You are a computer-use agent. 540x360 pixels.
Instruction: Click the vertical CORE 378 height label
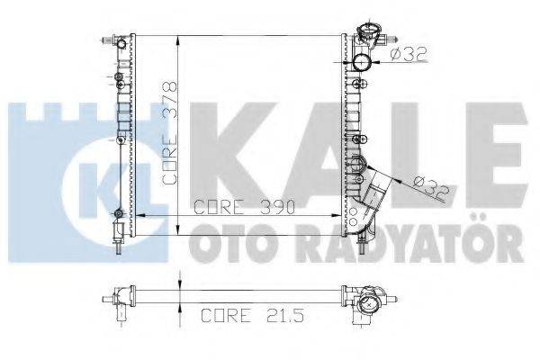click(x=168, y=131)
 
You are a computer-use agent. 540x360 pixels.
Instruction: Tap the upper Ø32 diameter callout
click(x=409, y=55)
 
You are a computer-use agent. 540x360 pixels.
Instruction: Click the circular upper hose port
click(x=364, y=64)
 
